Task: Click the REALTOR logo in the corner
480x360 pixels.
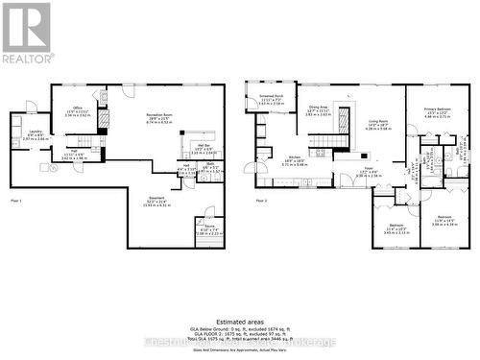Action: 26,32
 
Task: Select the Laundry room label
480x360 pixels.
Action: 35,135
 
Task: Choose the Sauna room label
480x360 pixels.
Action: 209,228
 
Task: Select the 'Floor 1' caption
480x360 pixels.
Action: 17,200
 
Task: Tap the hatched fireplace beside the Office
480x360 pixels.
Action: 105,117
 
